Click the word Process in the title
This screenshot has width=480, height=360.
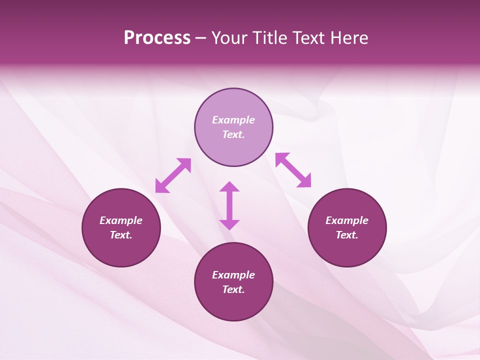pyautogui.click(x=157, y=38)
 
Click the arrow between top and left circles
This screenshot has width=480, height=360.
pyautogui.click(x=173, y=175)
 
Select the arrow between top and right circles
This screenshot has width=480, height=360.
pyautogui.click(x=293, y=170)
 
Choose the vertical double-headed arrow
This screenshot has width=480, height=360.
pyautogui.click(x=229, y=205)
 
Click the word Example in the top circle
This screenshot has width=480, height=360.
pyautogui.click(x=233, y=120)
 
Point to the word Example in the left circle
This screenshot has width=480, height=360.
pyautogui.click(x=121, y=220)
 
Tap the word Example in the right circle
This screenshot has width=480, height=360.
pyautogui.click(x=347, y=220)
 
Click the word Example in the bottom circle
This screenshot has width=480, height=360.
pyautogui.click(x=233, y=275)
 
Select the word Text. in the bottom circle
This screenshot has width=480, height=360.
pyautogui.click(x=233, y=289)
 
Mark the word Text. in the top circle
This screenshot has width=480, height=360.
pyautogui.click(x=233, y=134)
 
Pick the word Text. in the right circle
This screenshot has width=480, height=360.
pyautogui.click(x=347, y=235)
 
